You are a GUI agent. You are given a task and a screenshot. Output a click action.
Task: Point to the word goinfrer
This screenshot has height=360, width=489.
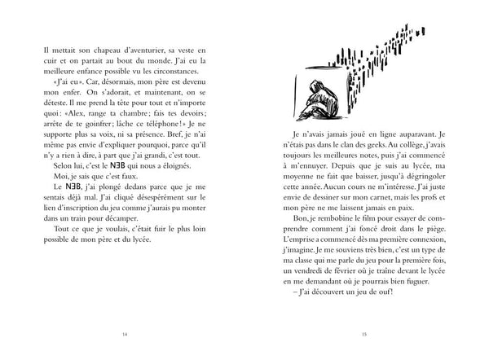click(x=117, y=124)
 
